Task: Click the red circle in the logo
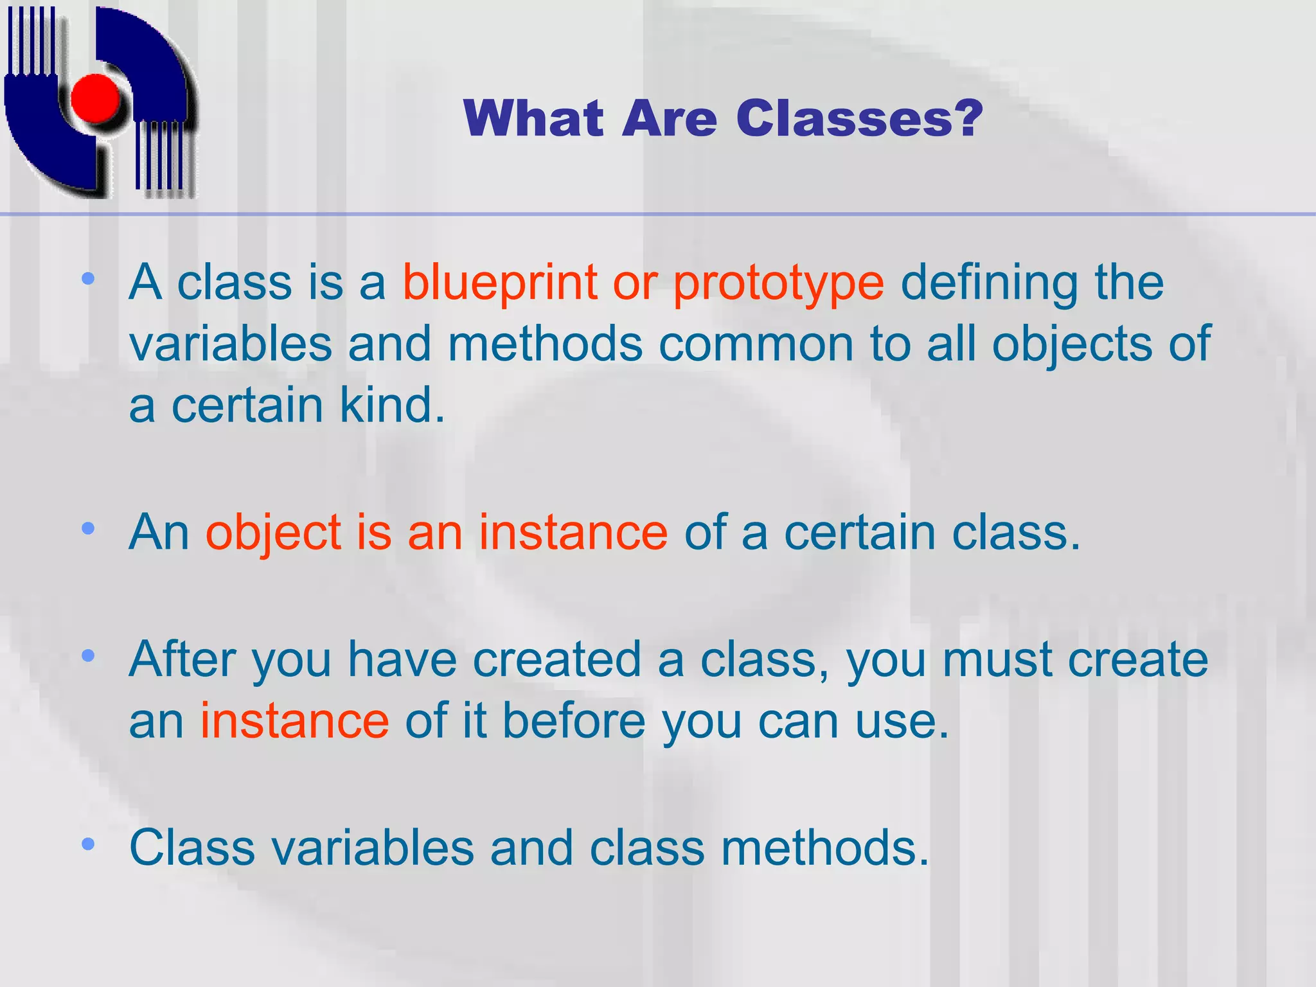tap(95, 98)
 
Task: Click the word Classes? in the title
tap(859, 119)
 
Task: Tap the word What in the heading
tap(533, 119)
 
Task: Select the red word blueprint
tap(500, 283)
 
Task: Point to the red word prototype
tap(778, 283)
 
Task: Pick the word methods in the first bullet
tap(545, 344)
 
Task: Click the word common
tap(756, 344)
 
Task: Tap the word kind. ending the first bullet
tap(392, 406)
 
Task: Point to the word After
tap(182, 659)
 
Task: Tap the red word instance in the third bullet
tap(294, 721)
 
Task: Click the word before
tap(574, 721)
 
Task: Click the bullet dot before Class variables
tap(89, 844)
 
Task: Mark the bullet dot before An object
tap(89, 529)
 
